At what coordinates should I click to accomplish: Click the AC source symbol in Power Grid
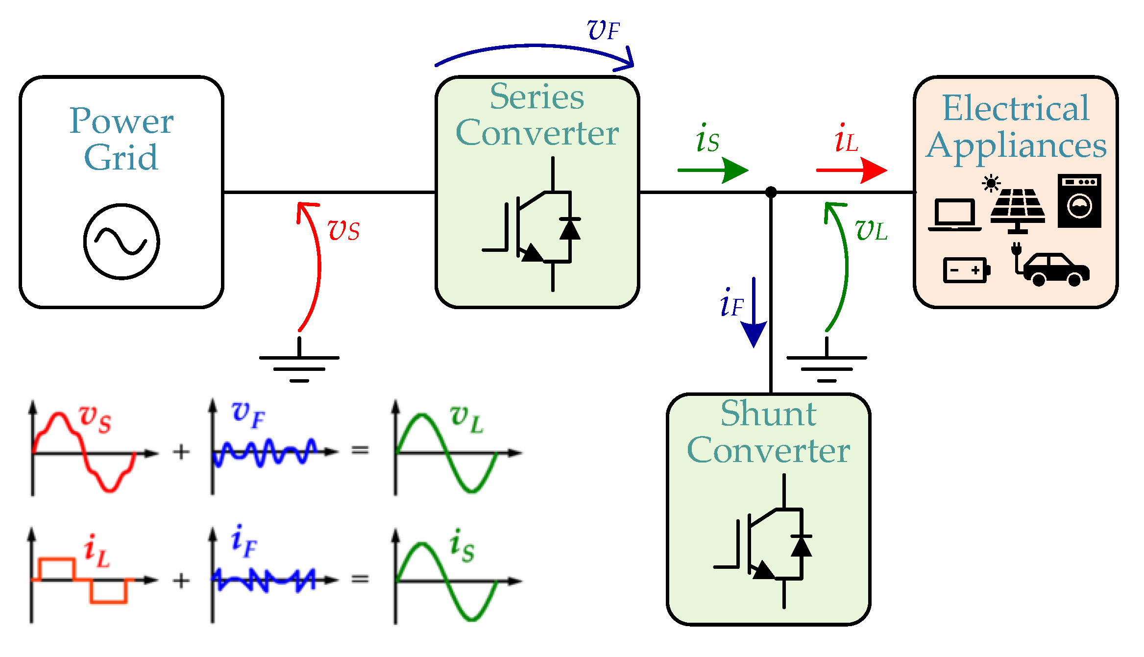point(122,242)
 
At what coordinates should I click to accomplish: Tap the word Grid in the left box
point(121,158)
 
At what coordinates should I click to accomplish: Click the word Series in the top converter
point(537,97)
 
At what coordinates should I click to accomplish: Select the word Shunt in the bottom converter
point(768,414)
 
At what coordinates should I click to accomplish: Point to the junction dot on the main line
point(771,192)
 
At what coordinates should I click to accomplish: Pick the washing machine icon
point(1079,200)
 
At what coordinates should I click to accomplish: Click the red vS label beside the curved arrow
point(343,230)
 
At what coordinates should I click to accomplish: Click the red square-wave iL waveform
point(81,580)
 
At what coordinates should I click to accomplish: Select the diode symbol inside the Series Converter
point(570,229)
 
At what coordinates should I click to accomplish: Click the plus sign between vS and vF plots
point(181,452)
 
